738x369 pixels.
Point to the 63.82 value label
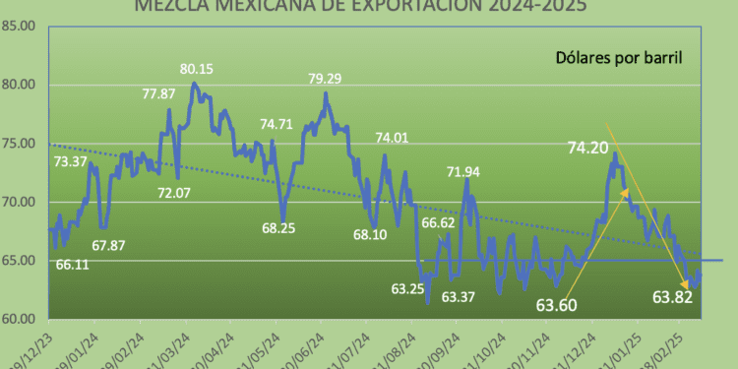[673, 297]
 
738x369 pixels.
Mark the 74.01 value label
[391, 138]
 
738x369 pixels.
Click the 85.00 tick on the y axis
[21, 26]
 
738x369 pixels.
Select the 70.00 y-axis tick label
[21, 203]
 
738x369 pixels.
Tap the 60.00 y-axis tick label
[21, 320]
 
